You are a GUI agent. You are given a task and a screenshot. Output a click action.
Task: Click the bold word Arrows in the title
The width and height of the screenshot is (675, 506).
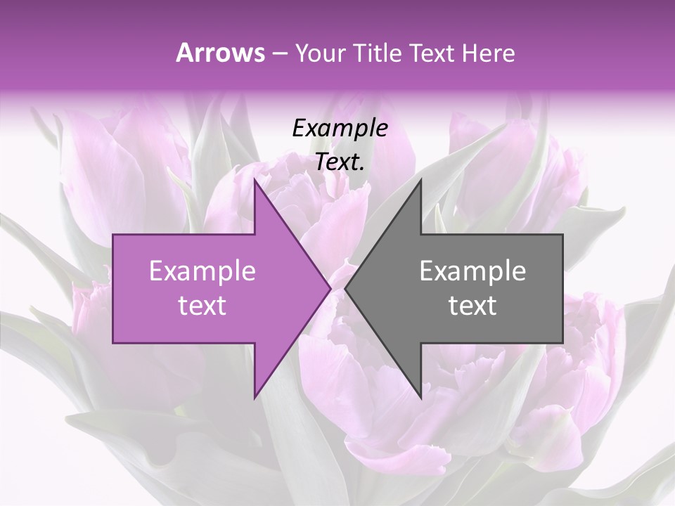pos(220,53)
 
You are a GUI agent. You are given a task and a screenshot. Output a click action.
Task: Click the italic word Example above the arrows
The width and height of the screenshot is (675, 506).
pos(340,129)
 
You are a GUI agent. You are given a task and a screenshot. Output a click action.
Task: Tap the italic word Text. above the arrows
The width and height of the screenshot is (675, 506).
pos(340,162)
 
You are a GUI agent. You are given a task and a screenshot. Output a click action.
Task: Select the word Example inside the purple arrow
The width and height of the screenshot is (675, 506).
pos(202,271)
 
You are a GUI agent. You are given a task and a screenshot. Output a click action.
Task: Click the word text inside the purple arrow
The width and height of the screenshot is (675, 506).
pos(202,306)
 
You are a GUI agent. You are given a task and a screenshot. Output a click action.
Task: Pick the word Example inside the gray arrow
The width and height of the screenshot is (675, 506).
pos(472,271)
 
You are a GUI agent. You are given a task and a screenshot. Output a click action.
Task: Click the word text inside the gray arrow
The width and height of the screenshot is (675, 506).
pos(472,306)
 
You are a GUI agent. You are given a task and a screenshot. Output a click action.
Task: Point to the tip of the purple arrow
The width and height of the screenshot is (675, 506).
pos(330,288)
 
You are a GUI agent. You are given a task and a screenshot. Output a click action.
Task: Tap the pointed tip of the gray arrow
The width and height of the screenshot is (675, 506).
pos(345,288)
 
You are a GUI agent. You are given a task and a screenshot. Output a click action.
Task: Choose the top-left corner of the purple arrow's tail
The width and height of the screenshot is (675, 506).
pos(114,235)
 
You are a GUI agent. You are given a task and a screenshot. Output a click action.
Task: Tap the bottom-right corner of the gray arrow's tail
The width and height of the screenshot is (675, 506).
pos(562,342)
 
